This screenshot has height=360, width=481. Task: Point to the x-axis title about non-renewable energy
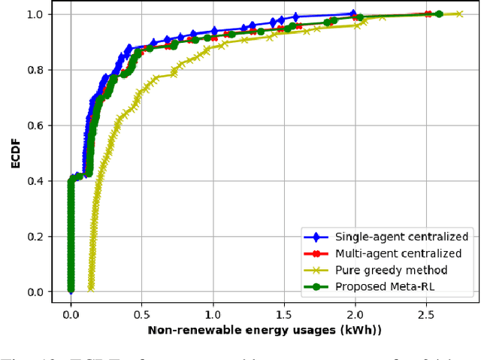(265, 330)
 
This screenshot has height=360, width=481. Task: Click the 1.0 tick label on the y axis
(35, 14)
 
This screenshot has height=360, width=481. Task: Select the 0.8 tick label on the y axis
(35, 70)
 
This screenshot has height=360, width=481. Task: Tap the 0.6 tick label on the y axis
(35, 126)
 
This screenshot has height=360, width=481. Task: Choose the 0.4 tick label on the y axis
(35, 181)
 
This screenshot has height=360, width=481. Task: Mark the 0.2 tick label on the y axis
(35, 237)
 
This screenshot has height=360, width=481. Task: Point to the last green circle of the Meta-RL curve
(439, 14)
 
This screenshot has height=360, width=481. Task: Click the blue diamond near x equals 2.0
(353, 14)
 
